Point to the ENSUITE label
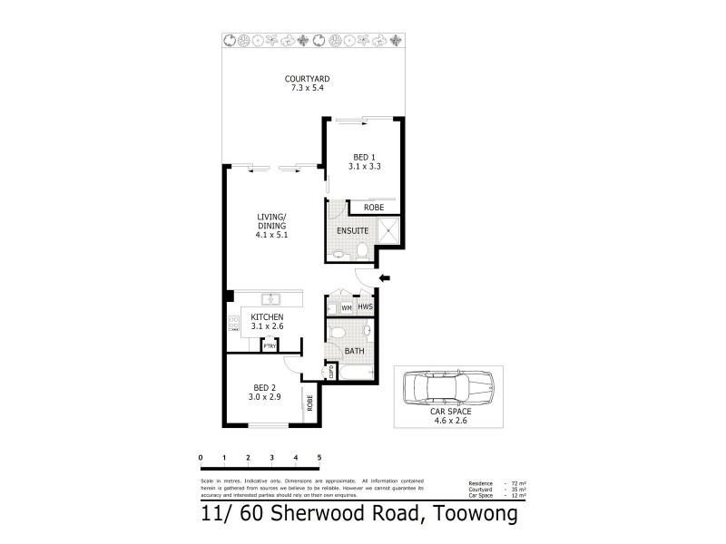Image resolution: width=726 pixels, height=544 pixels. [352, 231]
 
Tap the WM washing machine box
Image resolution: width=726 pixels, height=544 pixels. [346, 308]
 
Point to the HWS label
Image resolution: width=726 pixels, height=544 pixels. [365, 308]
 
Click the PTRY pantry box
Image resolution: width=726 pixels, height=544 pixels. [270, 345]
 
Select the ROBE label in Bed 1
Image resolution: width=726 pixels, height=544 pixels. [372, 208]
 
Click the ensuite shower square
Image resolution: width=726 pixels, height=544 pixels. [391, 231]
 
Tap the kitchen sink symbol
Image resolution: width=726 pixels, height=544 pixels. [270, 299]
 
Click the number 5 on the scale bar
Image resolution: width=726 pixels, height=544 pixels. [319, 458]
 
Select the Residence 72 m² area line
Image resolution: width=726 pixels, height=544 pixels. [496, 484]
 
